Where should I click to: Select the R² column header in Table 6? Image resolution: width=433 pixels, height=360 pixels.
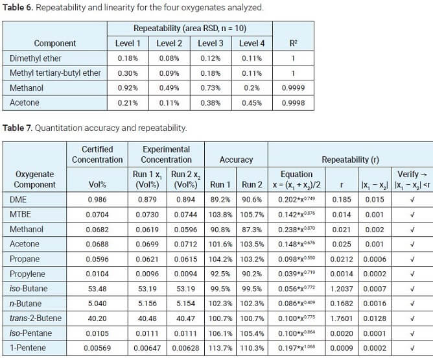[292, 43]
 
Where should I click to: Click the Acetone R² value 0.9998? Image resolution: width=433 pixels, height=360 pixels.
[292, 103]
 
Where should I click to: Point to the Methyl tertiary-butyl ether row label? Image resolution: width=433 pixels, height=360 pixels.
[55, 73]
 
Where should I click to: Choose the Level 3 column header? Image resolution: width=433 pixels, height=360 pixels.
[211, 43]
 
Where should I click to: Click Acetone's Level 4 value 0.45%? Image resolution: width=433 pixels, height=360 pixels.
[252, 103]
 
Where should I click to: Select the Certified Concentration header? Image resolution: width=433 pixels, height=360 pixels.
[97, 154]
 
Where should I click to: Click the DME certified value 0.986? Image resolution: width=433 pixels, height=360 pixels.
[97, 199]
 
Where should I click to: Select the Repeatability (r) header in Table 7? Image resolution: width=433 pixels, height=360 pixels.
[351, 159]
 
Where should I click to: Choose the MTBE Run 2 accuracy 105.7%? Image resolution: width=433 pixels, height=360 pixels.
[252, 214]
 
